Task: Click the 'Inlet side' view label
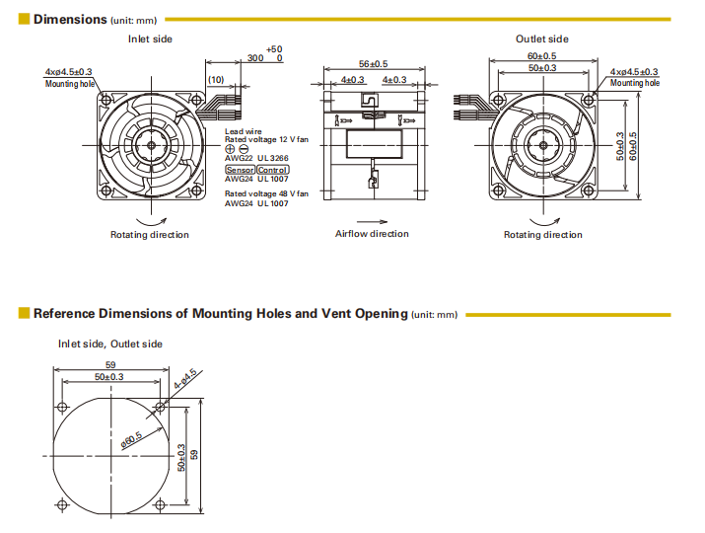[x=150, y=38]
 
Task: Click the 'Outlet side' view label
[x=541, y=38]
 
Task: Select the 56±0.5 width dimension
[x=373, y=63]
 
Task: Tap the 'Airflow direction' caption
[x=372, y=234]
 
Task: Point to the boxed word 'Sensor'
[x=240, y=171]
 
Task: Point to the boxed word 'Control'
[x=273, y=171]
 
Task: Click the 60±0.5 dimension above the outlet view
[x=540, y=56]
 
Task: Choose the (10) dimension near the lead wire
[x=216, y=79]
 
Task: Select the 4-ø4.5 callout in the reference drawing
[x=185, y=379]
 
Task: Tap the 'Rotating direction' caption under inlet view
[x=149, y=235]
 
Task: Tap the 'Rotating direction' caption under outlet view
[x=542, y=235]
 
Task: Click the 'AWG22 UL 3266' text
[x=256, y=159]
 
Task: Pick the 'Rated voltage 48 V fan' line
[x=266, y=193]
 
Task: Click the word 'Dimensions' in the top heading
[x=69, y=19]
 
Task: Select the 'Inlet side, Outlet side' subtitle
[x=109, y=343]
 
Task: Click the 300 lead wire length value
[x=255, y=58]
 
